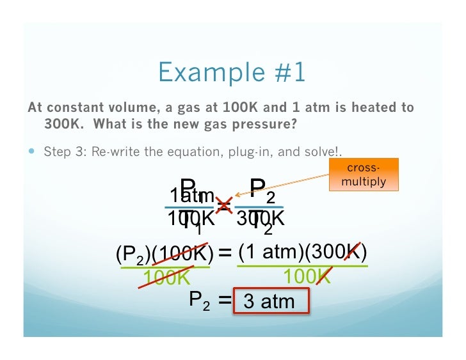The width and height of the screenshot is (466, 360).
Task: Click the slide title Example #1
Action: pyautogui.click(x=232, y=73)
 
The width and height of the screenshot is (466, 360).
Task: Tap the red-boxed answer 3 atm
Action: pyautogui.click(x=270, y=301)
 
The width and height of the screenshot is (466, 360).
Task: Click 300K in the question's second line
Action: pyautogui.click(x=61, y=123)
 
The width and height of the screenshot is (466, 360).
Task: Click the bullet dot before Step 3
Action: pyautogui.click(x=33, y=152)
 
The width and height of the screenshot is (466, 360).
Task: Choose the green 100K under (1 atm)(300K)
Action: pyautogui.click(x=307, y=277)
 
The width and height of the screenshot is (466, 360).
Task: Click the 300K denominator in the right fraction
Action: pyautogui.click(x=259, y=219)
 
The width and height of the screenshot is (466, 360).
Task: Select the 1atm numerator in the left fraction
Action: pyautogui.click(x=191, y=194)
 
